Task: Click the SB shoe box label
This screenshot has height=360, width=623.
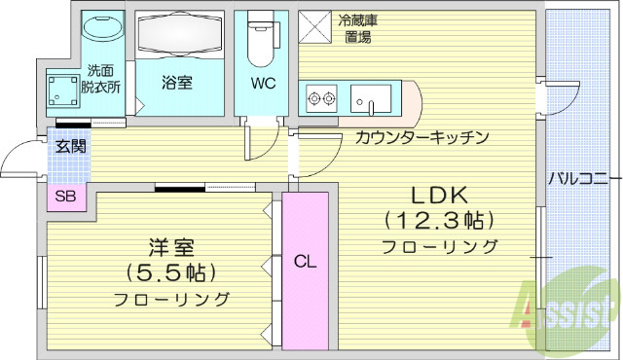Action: coord(66,197)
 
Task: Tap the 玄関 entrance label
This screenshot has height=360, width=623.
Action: coord(70,147)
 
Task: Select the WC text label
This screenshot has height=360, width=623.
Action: coord(263,83)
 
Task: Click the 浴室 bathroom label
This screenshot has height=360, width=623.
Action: coord(176,83)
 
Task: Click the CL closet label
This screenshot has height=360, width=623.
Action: coord(306,261)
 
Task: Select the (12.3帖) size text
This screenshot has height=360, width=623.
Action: coord(440,218)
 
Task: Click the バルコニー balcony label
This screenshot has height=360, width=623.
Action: coord(578,177)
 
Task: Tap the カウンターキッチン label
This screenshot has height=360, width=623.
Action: coord(421,137)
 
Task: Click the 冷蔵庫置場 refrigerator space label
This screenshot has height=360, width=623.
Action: coord(356,28)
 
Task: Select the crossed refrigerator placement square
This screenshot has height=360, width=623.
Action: coord(314,26)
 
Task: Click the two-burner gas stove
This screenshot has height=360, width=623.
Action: coord(321,97)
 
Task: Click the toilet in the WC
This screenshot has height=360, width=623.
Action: coord(262,37)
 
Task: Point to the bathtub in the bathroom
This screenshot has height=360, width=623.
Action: coord(176,36)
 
